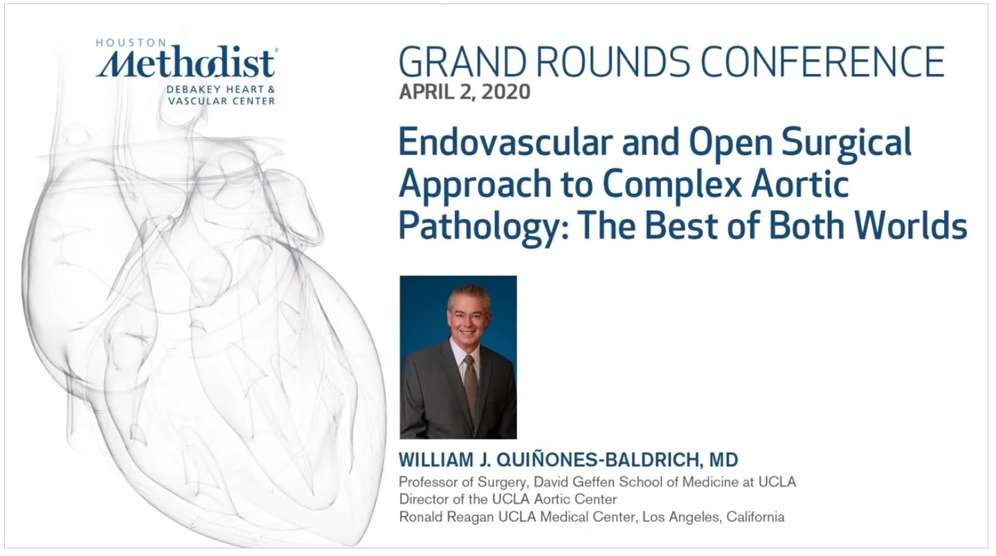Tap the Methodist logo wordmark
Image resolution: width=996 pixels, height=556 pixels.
tap(186, 62)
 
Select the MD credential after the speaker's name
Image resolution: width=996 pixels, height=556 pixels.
tap(723, 460)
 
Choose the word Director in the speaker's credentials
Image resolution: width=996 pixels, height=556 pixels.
tap(424, 499)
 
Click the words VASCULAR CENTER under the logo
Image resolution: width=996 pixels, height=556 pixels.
tap(221, 101)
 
